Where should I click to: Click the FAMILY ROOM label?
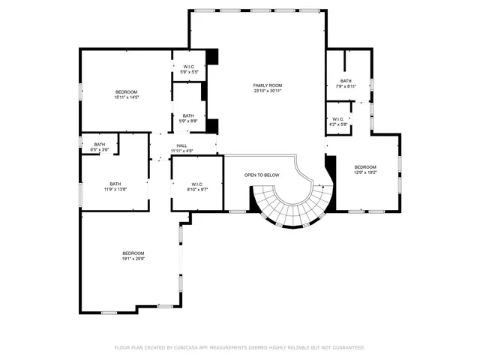tap(266, 85)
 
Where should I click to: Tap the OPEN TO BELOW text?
tap(262, 175)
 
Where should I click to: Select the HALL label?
tap(181, 145)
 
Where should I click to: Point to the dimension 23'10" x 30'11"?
tap(266, 91)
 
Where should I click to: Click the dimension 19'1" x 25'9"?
tap(133, 259)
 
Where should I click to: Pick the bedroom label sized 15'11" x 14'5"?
tap(126, 91)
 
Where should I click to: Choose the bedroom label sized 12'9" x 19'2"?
tap(365, 166)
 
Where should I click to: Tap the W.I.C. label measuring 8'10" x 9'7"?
tap(197, 184)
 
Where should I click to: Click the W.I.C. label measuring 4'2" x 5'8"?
tap(338, 119)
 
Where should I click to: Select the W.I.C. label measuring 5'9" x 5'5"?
tap(188, 67)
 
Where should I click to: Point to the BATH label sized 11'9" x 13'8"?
tap(115, 184)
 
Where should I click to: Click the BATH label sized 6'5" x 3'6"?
tap(99, 145)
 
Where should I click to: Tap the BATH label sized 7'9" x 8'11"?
tap(346, 81)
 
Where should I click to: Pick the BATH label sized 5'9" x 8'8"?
tap(187, 115)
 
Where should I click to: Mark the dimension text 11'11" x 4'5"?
tap(181, 151)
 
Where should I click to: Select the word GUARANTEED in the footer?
tap(346, 348)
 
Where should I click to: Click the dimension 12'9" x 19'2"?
tap(365, 172)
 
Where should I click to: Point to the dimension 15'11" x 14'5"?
tap(126, 97)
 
